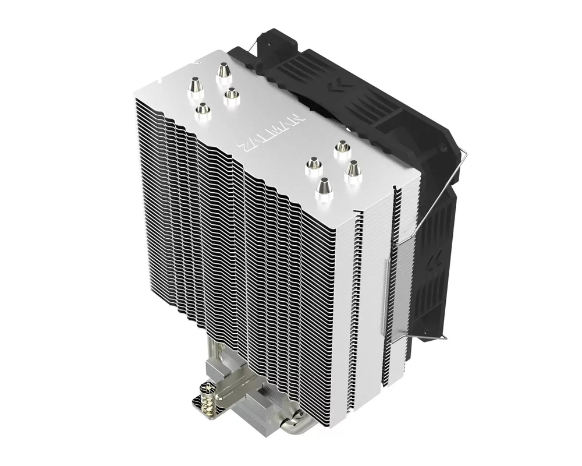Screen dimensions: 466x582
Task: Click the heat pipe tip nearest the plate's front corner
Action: (x=322, y=187)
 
